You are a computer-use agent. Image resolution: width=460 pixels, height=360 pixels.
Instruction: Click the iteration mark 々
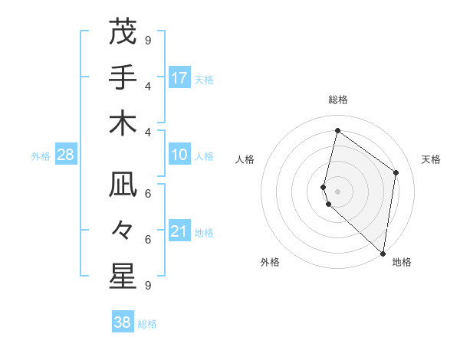click(x=123, y=231)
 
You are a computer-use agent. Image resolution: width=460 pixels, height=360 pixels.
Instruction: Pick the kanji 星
click(x=123, y=277)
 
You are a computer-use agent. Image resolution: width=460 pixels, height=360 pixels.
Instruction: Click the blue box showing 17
click(x=179, y=78)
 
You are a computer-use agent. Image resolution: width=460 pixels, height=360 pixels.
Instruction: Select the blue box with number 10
click(x=179, y=155)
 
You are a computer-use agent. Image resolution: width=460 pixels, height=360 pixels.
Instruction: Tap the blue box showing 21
click(x=179, y=232)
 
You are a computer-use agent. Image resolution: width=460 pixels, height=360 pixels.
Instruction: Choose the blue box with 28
click(x=66, y=155)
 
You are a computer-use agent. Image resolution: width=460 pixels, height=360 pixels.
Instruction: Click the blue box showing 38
click(x=123, y=322)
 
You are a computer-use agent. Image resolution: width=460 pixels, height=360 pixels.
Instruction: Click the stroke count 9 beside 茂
click(x=148, y=40)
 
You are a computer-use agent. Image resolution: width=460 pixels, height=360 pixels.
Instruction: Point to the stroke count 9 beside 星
click(x=148, y=285)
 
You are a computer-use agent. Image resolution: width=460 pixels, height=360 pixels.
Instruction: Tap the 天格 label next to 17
click(x=204, y=79)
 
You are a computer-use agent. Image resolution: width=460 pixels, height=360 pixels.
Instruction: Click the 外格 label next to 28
click(x=41, y=156)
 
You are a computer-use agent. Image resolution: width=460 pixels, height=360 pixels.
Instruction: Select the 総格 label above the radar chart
click(x=338, y=100)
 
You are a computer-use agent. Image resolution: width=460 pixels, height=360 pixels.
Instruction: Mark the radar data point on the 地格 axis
click(x=383, y=254)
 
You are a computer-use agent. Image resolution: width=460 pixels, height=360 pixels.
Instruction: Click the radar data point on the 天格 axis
click(x=396, y=172)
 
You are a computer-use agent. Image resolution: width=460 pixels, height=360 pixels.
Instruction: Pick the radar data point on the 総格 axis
click(x=337, y=130)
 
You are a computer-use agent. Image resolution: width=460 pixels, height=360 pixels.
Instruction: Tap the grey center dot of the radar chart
click(x=337, y=191)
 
